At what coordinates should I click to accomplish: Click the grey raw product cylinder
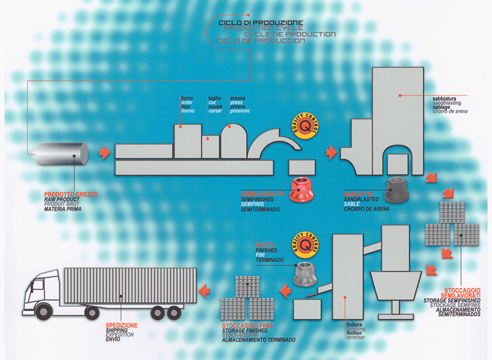click(61, 154)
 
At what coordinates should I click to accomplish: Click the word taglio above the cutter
click(214, 98)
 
